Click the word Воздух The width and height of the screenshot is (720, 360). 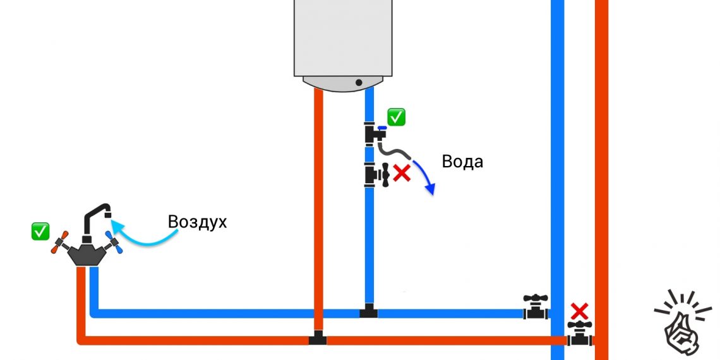click(x=196, y=222)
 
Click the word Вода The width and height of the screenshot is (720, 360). click(x=462, y=162)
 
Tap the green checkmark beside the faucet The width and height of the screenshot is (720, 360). click(x=40, y=231)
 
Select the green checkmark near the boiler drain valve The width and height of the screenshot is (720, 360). click(x=397, y=117)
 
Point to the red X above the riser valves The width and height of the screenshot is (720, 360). click(x=579, y=311)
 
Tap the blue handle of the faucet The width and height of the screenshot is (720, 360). click(x=114, y=243)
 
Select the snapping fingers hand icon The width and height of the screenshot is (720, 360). click(x=680, y=322)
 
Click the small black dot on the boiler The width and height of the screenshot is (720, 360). click(x=359, y=82)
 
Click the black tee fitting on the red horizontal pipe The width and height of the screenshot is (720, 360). click(x=318, y=339)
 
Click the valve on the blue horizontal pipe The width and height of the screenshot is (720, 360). click(x=536, y=307)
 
